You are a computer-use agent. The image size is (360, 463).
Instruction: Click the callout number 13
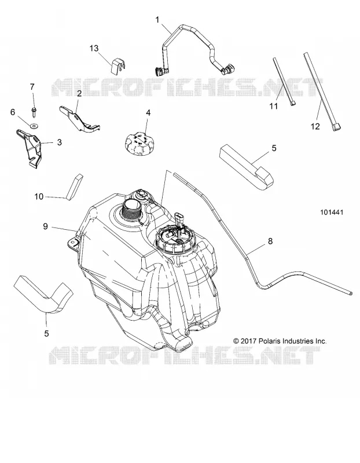click(94, 48)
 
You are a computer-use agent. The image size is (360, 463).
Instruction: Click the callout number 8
click(270, 241)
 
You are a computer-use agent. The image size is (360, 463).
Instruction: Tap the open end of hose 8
click(351, 293)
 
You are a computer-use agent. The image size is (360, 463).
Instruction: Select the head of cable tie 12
click(337, 127)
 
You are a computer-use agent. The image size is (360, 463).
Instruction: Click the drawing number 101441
click(332, 212)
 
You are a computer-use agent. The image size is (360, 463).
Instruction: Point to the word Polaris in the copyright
click(270, 341)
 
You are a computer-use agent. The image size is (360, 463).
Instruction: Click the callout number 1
click(157, 20)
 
